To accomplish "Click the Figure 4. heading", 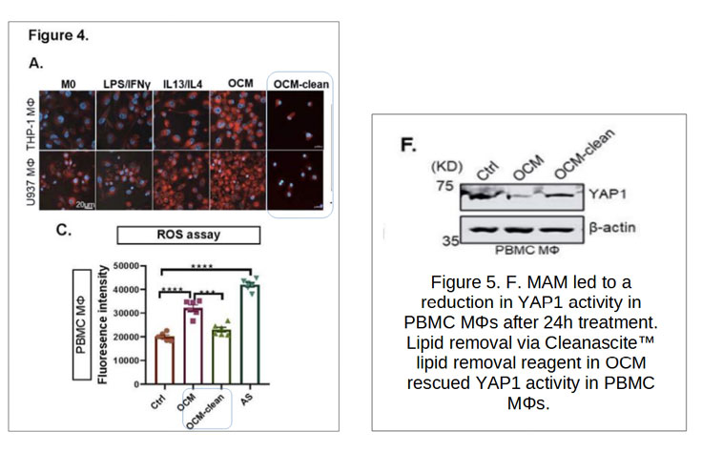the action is coord(58,35).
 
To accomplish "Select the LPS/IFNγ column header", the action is coord(127,84).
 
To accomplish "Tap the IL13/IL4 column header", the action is coord(183,84).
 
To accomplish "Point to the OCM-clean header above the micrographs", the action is coord(300,84).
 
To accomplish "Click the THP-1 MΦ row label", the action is coord(31,125).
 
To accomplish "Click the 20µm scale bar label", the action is coord(85,204).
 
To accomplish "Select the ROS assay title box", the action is coord(189,235).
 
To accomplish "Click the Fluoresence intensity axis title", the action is coord(102,324).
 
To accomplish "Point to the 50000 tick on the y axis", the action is coord(126,266).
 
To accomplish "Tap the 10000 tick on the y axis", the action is coord(126,360).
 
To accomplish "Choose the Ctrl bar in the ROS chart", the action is coord(165,360).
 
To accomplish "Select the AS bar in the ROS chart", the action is coord(250,335).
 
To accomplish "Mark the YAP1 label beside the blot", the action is coord(607,194).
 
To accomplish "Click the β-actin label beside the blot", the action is coord(612,228).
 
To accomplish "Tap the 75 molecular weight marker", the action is coord(445,185).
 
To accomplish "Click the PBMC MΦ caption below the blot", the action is coord(526,250).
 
